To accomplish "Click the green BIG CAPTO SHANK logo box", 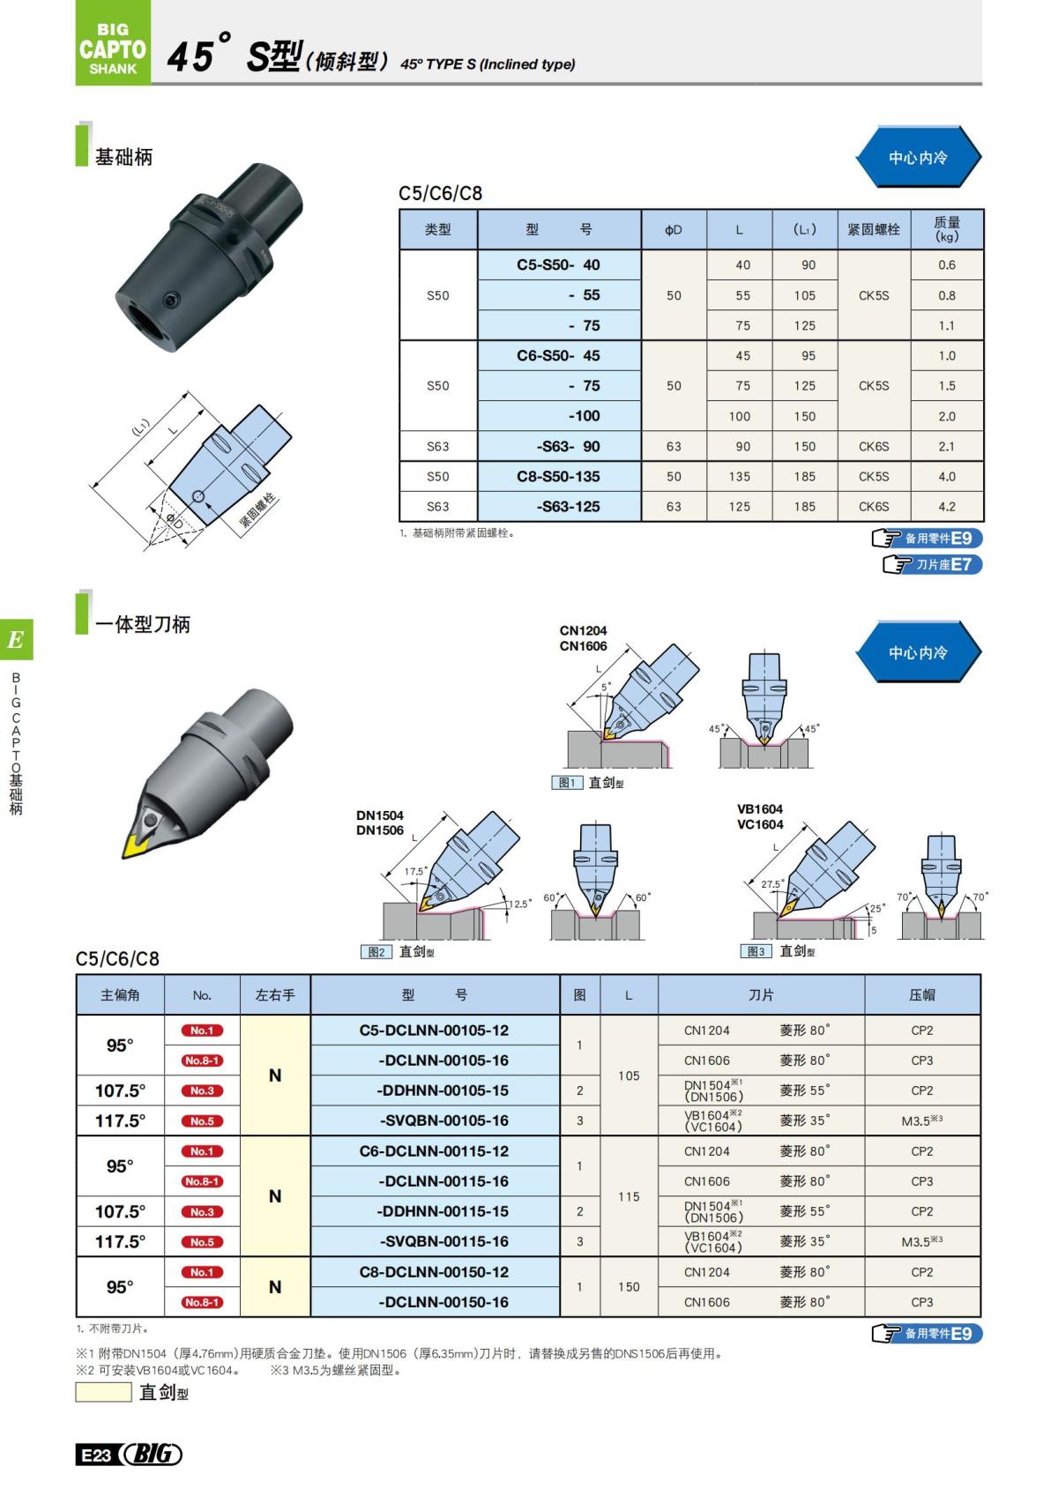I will coord(113,44).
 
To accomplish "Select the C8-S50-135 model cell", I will coord(558,476).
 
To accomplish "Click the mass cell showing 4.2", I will coord(946,507).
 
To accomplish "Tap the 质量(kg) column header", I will coord(946,229).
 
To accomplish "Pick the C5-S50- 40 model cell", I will coord(558,264).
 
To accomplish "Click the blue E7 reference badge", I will coord(932,564).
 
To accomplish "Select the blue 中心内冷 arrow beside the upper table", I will coord(917,158).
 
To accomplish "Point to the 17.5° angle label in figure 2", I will coord(415,872).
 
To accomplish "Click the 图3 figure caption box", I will coord(756,951).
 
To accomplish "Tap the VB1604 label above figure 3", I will coord(759,809).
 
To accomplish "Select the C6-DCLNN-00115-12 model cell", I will coord(435,1151).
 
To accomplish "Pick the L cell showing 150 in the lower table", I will coord(629,1287).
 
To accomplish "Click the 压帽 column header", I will coord(921,995).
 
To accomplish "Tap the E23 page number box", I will coord(96,1455).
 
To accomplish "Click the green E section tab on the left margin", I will coord(16,640).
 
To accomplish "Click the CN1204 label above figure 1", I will coord(583,631).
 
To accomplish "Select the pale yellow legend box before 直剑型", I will coord(103,1393).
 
